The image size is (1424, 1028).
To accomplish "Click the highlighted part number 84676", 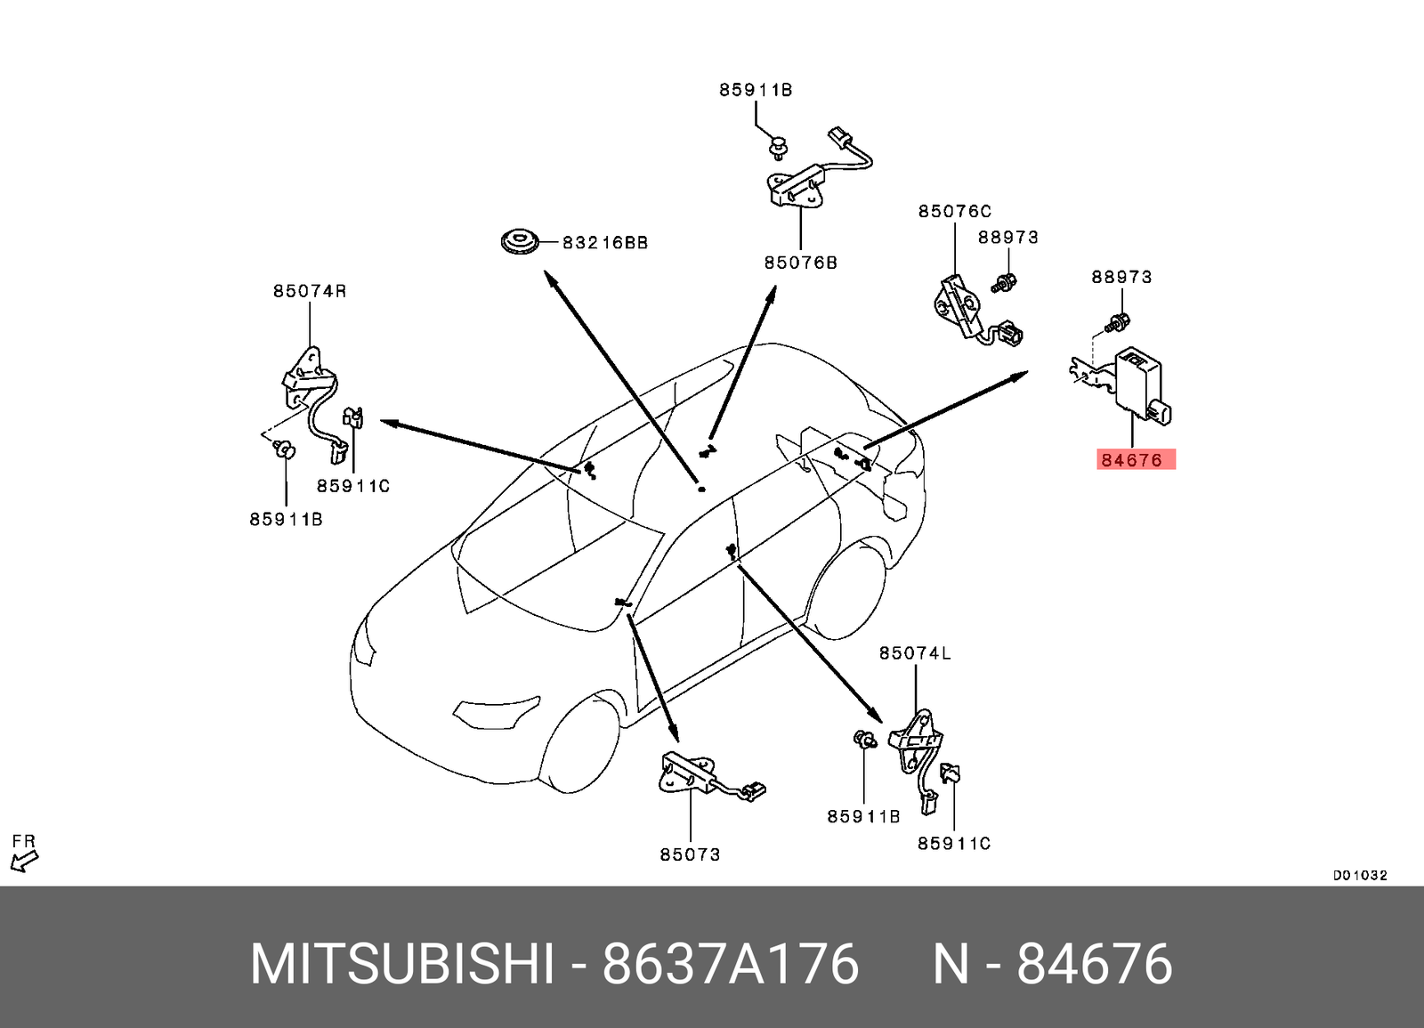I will point(1131,460).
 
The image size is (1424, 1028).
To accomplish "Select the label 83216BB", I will point(605,242).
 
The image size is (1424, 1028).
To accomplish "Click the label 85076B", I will point(800,263).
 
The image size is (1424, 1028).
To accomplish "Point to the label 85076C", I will point(954,211).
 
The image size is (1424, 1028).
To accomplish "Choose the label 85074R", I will point(309,291).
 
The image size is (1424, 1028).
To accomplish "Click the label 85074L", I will point(914,653).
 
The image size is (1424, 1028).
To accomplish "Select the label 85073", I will point(690,854).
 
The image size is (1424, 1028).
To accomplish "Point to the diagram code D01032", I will point(1359,875).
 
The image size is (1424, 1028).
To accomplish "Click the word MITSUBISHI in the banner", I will point(401,964).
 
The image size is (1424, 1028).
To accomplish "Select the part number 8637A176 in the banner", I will point(730,964).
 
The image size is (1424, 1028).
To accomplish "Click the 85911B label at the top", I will point(756,90).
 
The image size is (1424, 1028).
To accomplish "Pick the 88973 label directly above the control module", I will point(1121,277).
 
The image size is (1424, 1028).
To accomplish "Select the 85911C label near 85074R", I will point(353,486).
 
